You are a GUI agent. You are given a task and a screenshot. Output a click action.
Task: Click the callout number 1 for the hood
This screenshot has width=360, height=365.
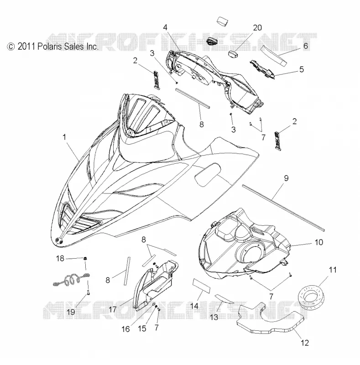(64, 137)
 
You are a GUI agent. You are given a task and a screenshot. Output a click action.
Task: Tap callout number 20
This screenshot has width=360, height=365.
(257, 28)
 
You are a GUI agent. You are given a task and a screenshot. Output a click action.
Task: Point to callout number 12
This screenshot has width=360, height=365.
(305, 343)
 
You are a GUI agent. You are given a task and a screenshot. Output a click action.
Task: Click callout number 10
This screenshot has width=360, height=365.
(319, 242)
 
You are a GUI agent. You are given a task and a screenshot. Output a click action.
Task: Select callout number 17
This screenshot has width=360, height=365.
(112, 309)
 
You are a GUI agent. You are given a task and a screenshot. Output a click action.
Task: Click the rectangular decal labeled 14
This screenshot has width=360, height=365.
(201, 286)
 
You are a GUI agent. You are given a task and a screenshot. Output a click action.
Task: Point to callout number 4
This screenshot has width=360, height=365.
(165, 27)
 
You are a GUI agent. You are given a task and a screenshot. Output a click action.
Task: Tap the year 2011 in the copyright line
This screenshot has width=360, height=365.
(26, 47)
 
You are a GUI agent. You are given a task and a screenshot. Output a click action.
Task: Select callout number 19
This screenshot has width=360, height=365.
(71, 312)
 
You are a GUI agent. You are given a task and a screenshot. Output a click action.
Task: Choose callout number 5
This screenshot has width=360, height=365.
(302, 69)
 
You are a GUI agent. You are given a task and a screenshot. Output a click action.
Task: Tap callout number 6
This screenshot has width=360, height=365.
(306, 46)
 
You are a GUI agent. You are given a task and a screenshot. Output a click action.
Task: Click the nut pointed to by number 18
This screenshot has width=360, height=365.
(85, 258)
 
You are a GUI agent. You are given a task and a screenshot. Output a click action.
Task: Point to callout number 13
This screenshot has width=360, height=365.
(214, 317)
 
